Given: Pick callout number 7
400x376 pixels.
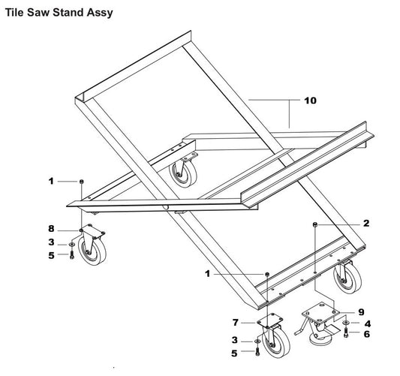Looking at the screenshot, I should point(236,322).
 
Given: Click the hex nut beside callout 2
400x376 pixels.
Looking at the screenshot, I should point(317,224).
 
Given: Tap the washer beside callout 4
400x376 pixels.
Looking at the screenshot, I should point(345,323).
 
